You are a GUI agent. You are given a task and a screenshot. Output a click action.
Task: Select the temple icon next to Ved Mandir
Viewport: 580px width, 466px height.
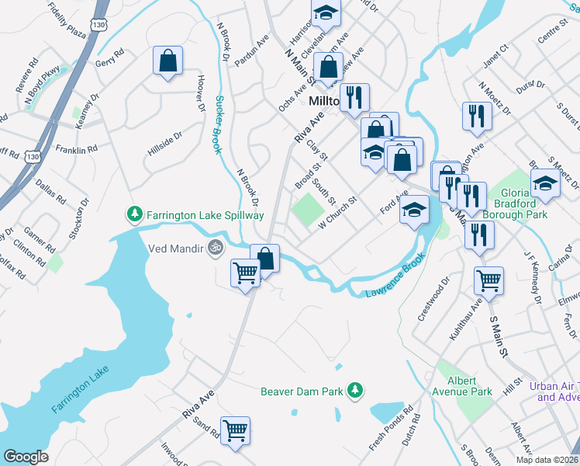point(216,249)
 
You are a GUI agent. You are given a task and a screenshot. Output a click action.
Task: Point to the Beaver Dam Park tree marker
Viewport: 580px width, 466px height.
point(356,390)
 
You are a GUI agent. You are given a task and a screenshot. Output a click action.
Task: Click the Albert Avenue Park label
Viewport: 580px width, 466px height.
point(470,386)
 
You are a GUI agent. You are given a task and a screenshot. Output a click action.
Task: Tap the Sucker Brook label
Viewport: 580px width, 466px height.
point(219,124)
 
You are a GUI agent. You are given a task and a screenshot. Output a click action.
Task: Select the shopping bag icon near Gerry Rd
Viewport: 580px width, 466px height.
point(168,61)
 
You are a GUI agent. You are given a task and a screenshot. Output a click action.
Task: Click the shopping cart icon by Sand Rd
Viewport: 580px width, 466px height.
point(235,430)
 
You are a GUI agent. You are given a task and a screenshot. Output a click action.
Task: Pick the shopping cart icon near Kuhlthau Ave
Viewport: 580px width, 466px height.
point(489,280)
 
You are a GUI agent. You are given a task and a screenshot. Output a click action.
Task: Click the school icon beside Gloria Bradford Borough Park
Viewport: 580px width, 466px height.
point(545,183)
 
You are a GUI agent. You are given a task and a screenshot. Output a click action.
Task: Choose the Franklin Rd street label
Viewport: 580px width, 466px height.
point(76,148)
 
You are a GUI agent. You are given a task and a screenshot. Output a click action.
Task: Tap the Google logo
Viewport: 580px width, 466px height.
point(26,457)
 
